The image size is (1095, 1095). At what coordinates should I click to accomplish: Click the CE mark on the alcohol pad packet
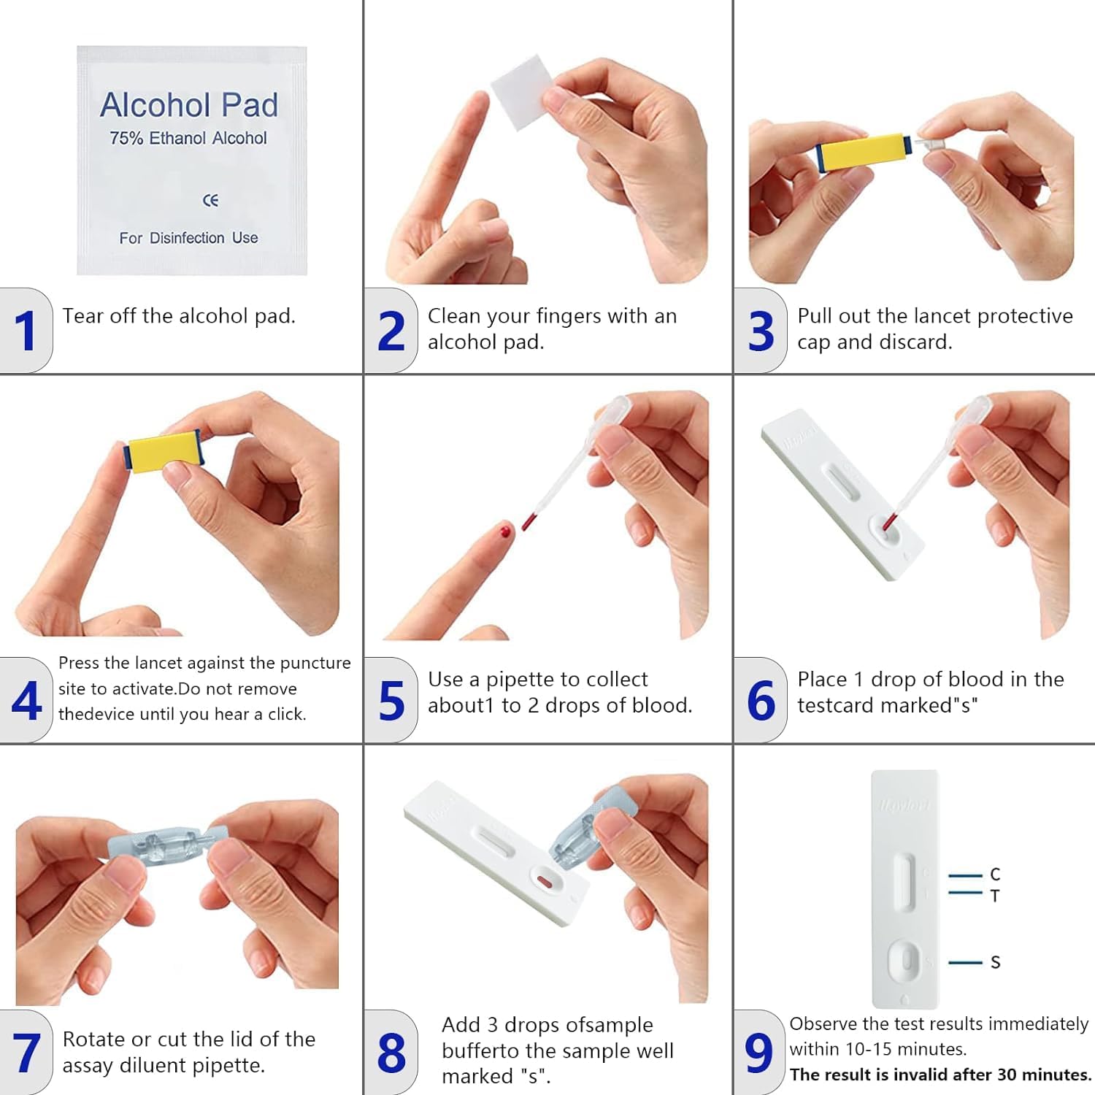[210, 200]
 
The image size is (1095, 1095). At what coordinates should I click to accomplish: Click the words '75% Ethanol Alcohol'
[188, 138]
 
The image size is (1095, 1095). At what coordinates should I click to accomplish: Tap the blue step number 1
[26, 331]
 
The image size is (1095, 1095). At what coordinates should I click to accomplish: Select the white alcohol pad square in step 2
[521, 92]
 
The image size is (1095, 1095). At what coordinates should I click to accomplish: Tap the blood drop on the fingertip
[503, 531]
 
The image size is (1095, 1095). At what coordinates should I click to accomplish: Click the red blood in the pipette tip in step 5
[529, 520]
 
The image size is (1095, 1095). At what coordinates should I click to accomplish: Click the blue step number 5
[391, 701]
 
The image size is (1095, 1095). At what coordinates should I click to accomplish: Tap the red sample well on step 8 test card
[544, 881]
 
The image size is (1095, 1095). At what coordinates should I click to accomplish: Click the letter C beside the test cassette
[995, 875]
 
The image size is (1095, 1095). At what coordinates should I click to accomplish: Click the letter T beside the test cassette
[995, 896]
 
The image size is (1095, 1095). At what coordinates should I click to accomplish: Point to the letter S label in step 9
[995, 962]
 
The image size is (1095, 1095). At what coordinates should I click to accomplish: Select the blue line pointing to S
[965, 963]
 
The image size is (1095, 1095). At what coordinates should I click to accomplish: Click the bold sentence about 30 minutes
[940, 1075]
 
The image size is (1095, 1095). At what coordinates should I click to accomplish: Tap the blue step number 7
[26, 1053]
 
